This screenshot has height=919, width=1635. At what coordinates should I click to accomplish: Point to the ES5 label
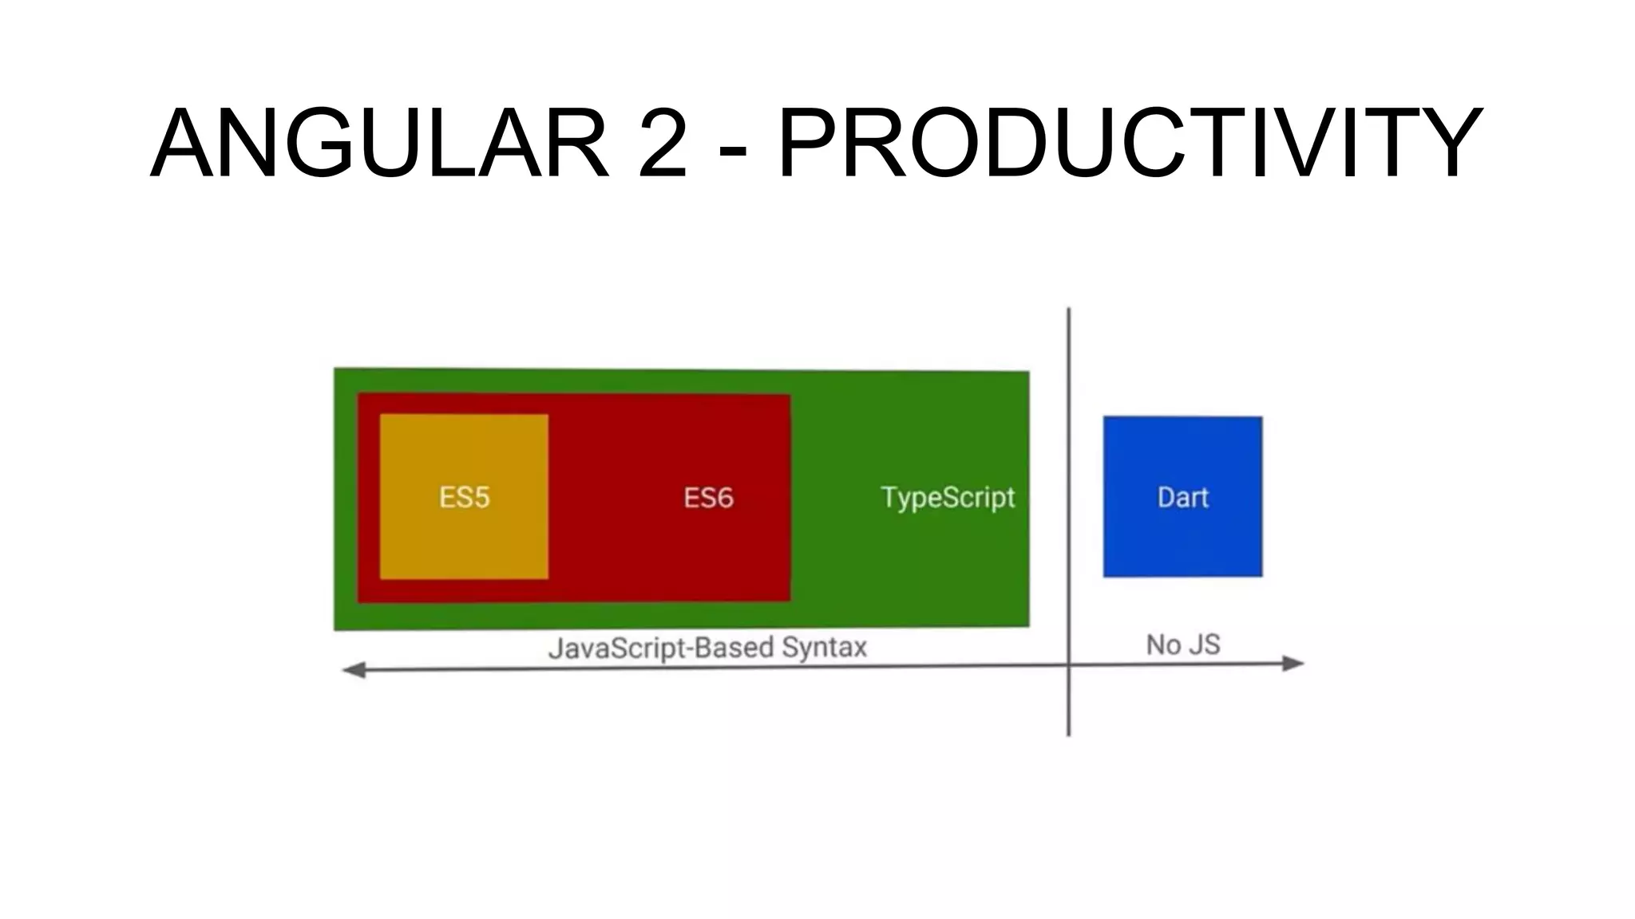464,498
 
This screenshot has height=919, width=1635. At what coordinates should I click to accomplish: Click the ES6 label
708,498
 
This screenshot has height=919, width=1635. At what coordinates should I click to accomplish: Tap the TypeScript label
948,498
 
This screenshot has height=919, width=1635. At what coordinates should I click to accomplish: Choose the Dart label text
1182,498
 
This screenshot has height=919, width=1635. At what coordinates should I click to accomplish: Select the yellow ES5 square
464,542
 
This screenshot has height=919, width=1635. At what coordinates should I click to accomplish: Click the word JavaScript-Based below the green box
661,647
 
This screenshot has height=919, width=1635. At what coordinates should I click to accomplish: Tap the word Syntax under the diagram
824,647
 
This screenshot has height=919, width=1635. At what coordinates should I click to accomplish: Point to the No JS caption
1183,645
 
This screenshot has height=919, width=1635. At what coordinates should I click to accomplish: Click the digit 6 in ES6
724,498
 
